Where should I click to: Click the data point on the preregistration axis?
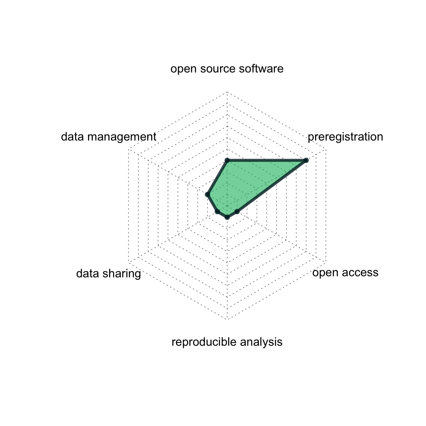tap(306, 160)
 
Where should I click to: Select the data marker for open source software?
tap(227, 160)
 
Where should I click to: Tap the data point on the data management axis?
tap(207, 194)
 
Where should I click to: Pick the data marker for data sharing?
tap(217, 212)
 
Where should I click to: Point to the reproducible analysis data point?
tap(227, 217)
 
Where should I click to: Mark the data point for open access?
tap(237, 212)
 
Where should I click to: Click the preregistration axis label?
tap(345, 137)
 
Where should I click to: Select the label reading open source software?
tap(227, 69)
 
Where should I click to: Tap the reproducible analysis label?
tap(227, 342)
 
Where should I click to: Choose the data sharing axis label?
tap(108, 274)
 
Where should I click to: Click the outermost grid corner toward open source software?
tap(227, 91)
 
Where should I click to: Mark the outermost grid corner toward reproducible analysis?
tap(227, 319)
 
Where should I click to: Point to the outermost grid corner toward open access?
tap(326, 262)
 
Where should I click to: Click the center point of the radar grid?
tap(227, 205)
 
